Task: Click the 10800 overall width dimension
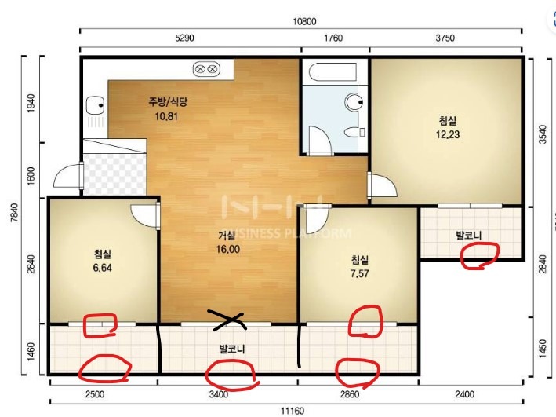tap(304, 22)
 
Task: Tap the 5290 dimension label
tap(184, 38)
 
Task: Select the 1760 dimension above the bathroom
tap(333, 38)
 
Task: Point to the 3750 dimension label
tap(445, 38)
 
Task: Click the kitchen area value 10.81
tap(166, 116)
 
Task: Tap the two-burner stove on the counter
tap(206, 68)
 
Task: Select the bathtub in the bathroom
tap(333, 72)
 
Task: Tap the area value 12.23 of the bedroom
tap(448, 134)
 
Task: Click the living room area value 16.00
tap(228, 249)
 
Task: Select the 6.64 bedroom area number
tap(103, 268)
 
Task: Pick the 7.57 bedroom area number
tap(359, 273)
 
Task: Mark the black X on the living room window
tap(227, 320)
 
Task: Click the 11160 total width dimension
tap(293, 411)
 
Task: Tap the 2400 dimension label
tap(464, 394)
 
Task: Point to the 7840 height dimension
tap(14, 212)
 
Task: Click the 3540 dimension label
tap(543, 134)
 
